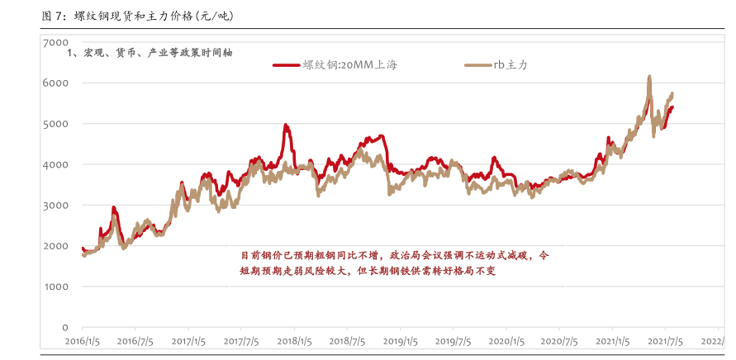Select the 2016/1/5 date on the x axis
pos(83,340)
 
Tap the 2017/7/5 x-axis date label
pos(242,340)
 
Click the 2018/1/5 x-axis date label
pos(295,340)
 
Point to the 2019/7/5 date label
pos(453,340)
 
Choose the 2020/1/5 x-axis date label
pos(506,340)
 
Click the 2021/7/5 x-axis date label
pos(665,340)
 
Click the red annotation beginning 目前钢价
pos(393,263)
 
